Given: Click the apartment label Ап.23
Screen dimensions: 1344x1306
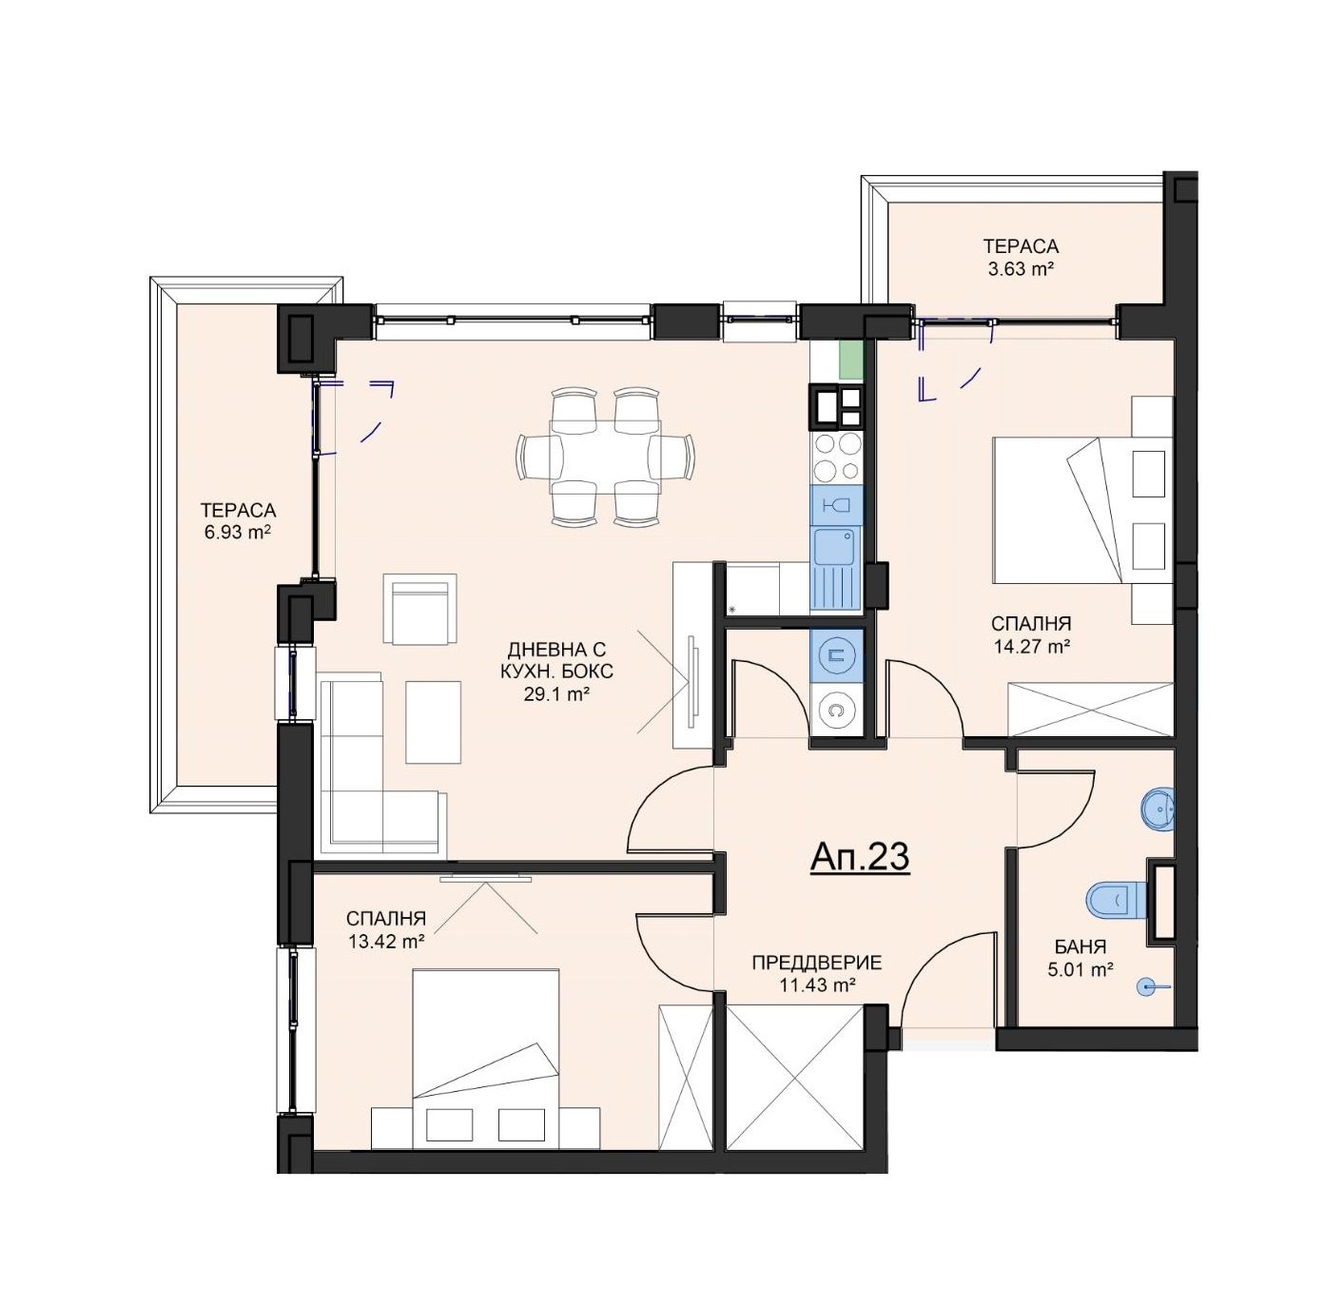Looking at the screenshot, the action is click(x=859, y=857).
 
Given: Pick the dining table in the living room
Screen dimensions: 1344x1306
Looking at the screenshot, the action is click(x=606, y=457).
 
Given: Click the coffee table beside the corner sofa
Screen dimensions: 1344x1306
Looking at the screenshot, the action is click(x=433, y=722).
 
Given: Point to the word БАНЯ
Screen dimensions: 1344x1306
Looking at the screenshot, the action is click(x=1080, y=946).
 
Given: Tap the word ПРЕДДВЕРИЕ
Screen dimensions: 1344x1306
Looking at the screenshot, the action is click(x=817, y=962).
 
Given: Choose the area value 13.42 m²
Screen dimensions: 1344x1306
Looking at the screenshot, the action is click(x=386, y=942).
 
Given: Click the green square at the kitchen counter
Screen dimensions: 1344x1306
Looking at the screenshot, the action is click(x=851, y=360).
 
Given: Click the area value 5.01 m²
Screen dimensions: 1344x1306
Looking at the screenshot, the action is click(x=1080, y=969).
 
